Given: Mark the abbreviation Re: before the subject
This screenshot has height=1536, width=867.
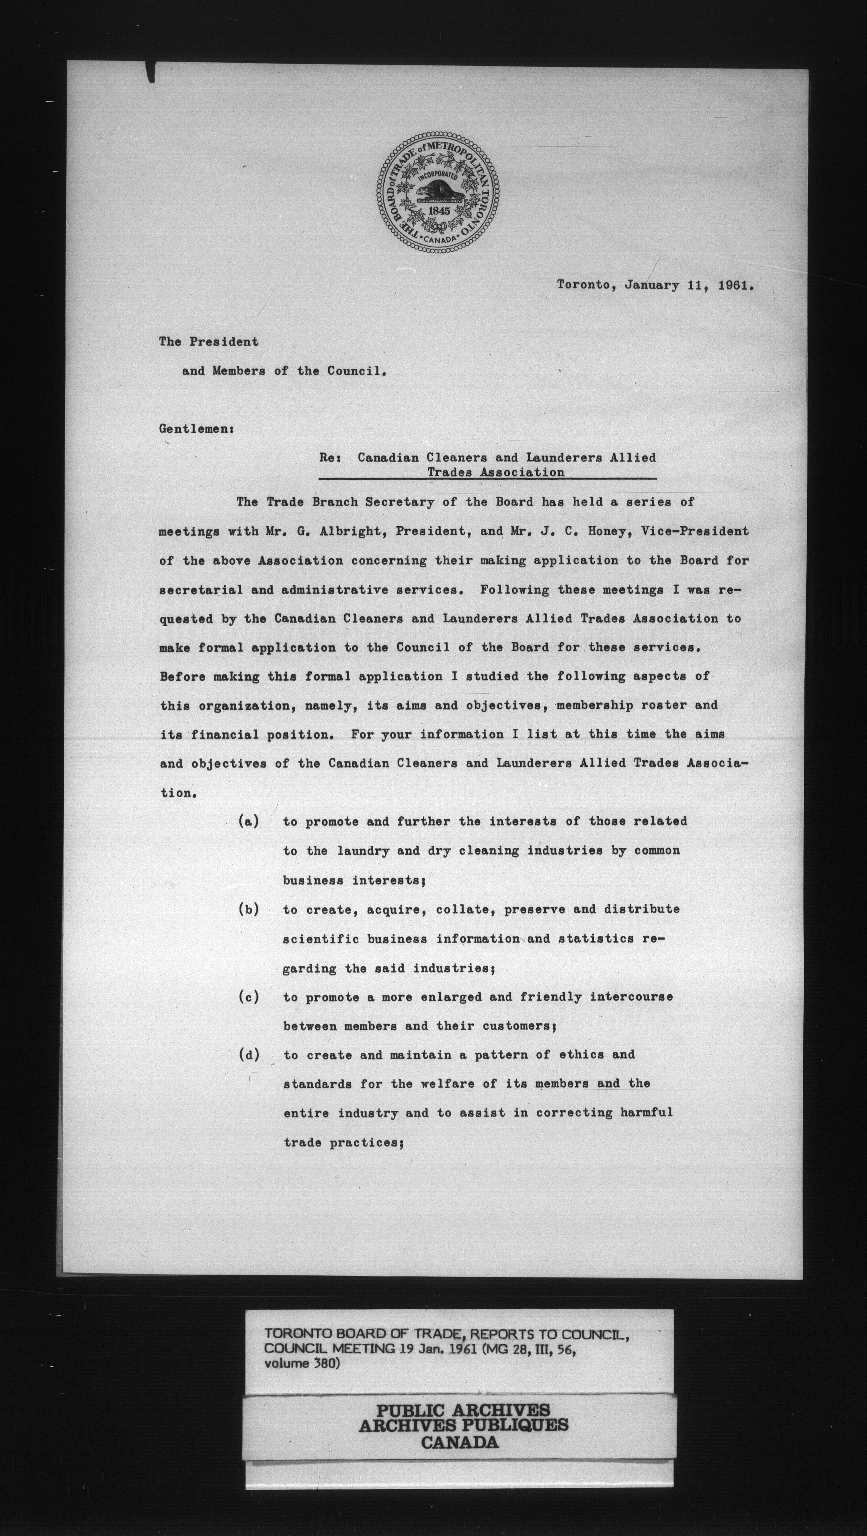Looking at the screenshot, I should (329, 458).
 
